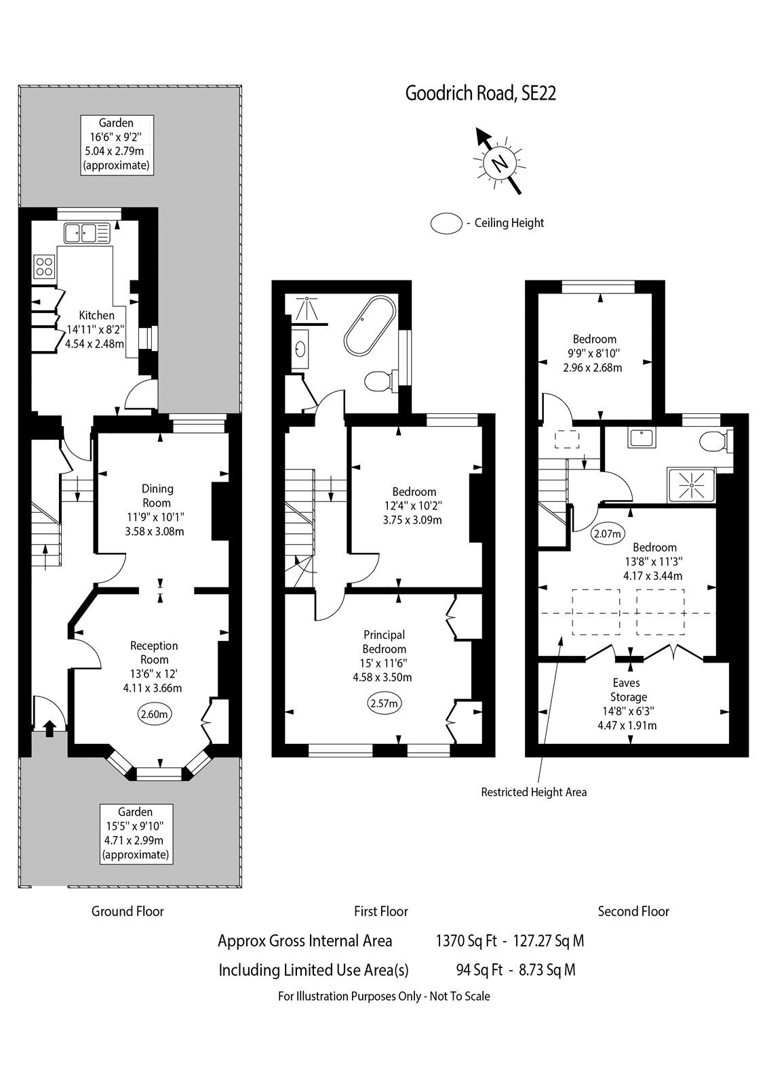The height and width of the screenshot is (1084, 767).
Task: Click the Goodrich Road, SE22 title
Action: click(x=480, y=93)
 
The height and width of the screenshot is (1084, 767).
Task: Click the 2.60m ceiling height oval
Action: click(x=155, y=714)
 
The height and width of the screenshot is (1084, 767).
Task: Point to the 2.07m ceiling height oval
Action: click(x=608, y=534)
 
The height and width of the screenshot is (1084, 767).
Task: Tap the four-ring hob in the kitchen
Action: click(x=44, y=266)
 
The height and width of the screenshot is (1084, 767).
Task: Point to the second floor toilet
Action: click(x=715, y=441)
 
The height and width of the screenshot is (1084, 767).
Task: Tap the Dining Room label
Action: click(x=157, y=495)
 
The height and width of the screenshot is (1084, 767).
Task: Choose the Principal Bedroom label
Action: click(x=385, y=642)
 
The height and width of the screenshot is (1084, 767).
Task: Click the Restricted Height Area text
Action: click(x=534, y=792)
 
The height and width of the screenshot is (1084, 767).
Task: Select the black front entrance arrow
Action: click(x=50, y=728)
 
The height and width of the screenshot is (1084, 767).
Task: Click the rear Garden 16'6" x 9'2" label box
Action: click(x=116, y=145)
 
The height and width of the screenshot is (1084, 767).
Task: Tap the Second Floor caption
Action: click(x=633, y=911)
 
